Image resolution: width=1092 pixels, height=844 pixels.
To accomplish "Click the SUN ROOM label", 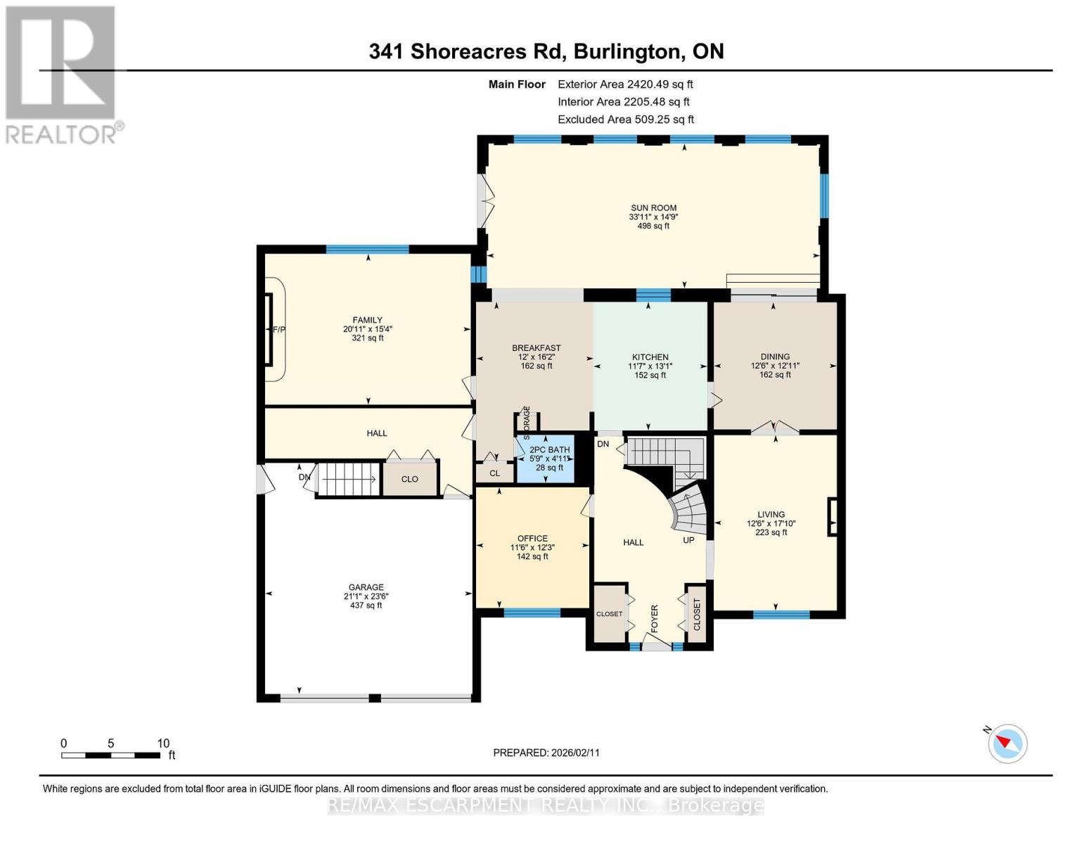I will [x=653, y=208].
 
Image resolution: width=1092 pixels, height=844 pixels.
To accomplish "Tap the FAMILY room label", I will [x=367, y=320].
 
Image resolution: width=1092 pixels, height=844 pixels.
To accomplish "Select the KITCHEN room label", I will [x=650, y=357].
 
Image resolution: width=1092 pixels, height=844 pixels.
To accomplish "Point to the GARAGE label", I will [x=366, y=587].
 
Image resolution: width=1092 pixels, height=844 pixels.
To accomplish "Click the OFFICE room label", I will [x=532, y=539].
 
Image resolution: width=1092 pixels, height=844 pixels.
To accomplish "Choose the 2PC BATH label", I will [x=549, y=450].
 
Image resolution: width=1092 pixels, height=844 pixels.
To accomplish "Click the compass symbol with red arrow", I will [x=1008, y=743].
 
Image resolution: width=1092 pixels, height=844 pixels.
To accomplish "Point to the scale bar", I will [x=110, y=755].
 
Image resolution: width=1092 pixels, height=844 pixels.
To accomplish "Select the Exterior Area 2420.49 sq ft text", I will [x=625, y=84].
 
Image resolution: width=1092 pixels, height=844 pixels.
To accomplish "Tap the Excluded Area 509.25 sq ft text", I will [x=626, y=120].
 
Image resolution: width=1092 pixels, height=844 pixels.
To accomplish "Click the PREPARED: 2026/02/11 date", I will [x=546, y=753].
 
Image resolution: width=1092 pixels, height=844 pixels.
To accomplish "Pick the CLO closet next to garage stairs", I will [x=410, y=479].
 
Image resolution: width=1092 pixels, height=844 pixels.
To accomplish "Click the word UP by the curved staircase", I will [x=688, y=540].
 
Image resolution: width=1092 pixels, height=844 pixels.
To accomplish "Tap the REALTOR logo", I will [x=61, y=74].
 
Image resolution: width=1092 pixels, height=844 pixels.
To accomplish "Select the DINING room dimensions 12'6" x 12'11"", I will [x=775, y=366].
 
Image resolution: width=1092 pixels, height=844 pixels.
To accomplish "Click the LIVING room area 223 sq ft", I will [x=771, y=532].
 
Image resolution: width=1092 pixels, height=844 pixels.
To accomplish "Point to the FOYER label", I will [x=655, y=618].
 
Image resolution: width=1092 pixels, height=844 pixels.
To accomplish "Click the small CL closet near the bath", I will [x=495, y=473].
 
